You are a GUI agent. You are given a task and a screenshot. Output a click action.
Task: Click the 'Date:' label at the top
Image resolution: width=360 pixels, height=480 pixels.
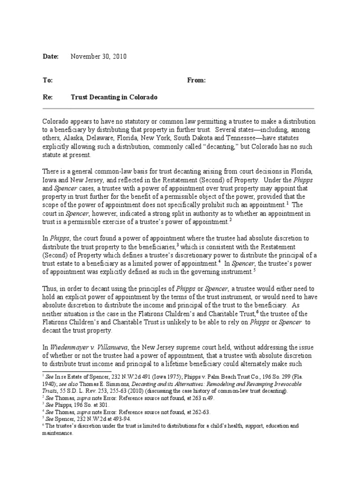point(51,56)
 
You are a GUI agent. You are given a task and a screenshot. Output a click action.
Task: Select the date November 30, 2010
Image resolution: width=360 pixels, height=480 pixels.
point(98,56)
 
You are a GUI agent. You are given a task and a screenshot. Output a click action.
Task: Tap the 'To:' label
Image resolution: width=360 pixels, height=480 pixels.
point(48,80)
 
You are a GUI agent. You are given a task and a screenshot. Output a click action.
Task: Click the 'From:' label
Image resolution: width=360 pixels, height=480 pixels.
point(196,80)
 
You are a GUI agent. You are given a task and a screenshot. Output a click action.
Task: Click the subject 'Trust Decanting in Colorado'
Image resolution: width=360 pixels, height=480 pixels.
point(114,97)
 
